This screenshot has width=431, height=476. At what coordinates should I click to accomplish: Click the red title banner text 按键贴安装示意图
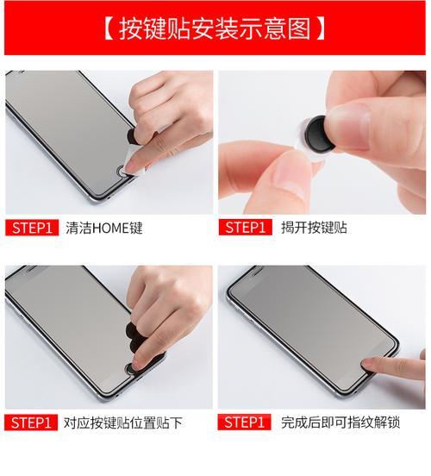pyautogui.click(x=215, y=28)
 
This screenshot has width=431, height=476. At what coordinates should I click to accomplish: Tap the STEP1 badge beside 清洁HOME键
pyautogui.click(x=32, y=228)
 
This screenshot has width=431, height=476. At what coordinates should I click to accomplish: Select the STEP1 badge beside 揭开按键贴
pyautogui.click(x=245, y=228)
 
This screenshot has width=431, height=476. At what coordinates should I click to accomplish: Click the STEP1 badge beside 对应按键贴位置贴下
pyautogui.click(x=31, y=423)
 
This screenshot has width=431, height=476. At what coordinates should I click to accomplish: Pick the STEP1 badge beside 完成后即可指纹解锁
pyautogui.click(x=244, y=423)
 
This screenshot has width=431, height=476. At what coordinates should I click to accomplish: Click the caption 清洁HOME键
pyautogui.click(x=104, y=228)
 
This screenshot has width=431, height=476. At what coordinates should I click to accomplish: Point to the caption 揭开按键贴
pyautogui.click(x=314, y=228)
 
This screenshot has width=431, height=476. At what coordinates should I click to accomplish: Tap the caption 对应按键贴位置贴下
pyautogui.click(x=122, y=423)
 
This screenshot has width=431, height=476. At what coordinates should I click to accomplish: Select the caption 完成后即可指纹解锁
pyautogui.click(x=340, y=423)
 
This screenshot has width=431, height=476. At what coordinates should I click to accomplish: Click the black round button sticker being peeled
pyautogui.click(x=319, y=134)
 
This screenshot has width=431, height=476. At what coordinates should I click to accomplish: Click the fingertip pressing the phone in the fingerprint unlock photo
pyautogui.click(x=369, y=362)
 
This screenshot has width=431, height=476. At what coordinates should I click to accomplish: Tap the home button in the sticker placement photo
pyautogui.click(x=130, y=368)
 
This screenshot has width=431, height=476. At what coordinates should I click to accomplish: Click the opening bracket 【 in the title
pyautogui.click(x=109, y=28)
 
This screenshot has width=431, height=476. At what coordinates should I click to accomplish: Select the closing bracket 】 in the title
pyautogui.click(x=322, y=28)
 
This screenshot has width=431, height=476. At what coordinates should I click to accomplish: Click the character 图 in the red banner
pyautogui.click(x=300, y=28)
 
